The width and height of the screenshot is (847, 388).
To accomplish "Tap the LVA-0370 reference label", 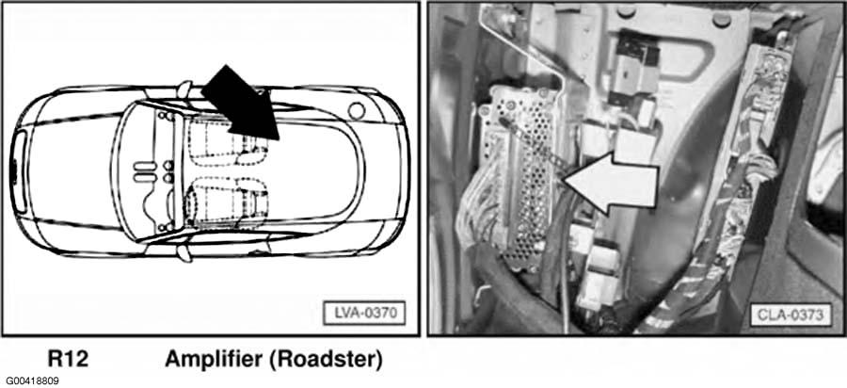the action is click(364, 313).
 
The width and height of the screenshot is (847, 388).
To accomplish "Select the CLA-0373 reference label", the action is click(791, 315).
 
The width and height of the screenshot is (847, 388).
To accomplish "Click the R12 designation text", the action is click(68, 359).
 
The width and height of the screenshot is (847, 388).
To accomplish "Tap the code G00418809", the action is click(31, 381).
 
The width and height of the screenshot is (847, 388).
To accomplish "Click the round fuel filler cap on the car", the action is click(357, 110).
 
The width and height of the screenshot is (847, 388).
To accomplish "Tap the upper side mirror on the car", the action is click(184, 89).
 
